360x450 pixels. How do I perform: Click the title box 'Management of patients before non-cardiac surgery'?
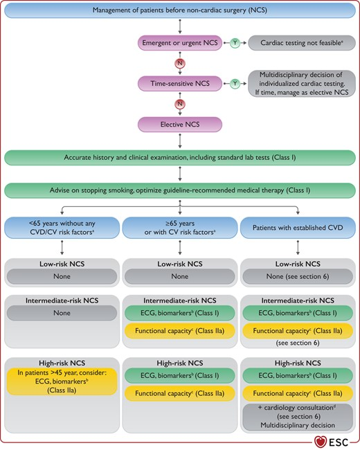180,10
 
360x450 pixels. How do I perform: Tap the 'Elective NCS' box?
180,125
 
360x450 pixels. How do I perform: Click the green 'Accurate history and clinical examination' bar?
180,158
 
